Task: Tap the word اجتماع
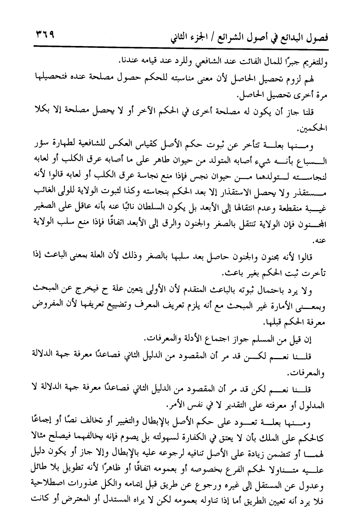[207, 339]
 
